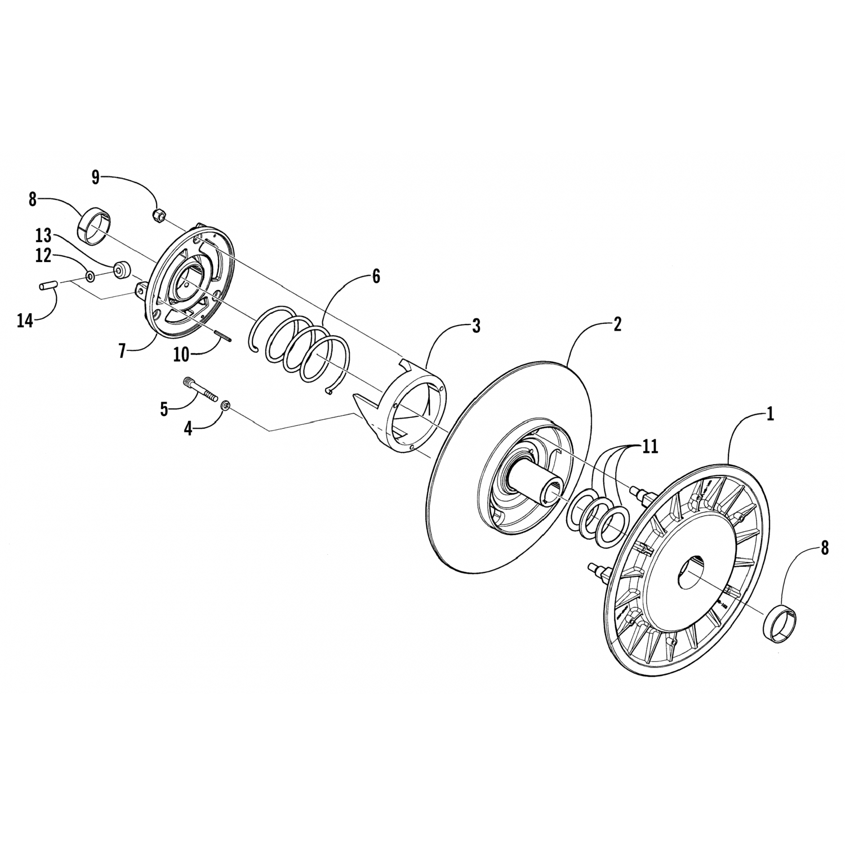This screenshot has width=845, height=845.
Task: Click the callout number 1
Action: [770, 415]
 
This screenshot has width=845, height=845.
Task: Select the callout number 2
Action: [617, 324]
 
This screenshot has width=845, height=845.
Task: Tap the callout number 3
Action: [476, 326]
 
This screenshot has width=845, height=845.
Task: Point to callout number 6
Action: [376, 277]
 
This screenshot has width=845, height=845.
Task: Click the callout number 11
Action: [650, 447]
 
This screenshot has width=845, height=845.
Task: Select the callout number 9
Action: [96, 178]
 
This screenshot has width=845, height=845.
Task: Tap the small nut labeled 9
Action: [159, 215]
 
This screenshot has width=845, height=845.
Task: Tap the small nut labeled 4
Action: [226, 405]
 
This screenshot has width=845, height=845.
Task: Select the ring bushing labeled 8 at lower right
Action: [777, 625]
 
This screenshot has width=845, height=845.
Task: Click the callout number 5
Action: [164, 409]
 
